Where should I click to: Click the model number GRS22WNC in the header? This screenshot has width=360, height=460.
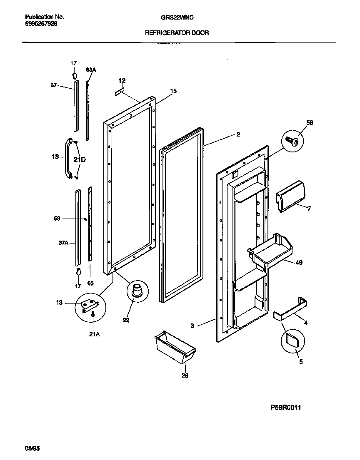pos(177,17)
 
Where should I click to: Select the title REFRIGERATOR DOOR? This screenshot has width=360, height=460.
pos(177,32)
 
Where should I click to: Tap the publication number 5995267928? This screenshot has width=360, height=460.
pos(41,24)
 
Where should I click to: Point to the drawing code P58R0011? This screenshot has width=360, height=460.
pos(285,408)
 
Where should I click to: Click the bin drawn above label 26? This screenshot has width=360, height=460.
pos(175,347)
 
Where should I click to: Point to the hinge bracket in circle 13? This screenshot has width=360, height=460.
pos(88,306)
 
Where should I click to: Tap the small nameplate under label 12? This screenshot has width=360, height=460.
pos(120,91)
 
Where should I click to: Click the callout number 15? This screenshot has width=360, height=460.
pos(173,91)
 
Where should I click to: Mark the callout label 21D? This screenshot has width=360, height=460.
pos(80,159)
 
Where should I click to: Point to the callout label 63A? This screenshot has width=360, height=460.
pos(91,70)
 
